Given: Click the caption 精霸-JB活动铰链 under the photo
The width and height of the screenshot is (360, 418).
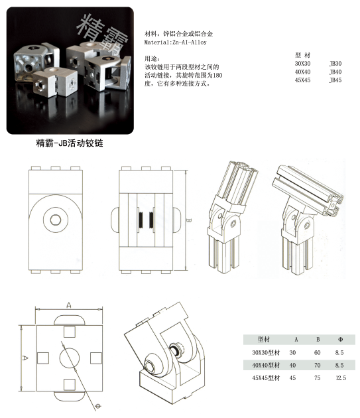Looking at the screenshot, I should point(69,143).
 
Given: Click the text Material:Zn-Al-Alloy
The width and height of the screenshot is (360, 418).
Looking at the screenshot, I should point(176,42).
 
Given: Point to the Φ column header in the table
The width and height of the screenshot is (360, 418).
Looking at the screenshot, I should point(340,339).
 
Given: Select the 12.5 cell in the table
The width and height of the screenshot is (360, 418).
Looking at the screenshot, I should point(341,378).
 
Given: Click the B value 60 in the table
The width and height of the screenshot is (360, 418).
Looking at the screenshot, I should point(318,352).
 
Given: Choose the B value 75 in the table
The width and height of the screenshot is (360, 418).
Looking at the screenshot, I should point(318,378).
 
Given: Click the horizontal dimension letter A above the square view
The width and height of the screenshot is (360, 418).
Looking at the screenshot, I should point(68,305).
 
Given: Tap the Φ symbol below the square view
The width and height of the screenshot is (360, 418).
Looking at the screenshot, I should point(97,405).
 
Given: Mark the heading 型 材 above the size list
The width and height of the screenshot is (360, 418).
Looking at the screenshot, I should point(303,55).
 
